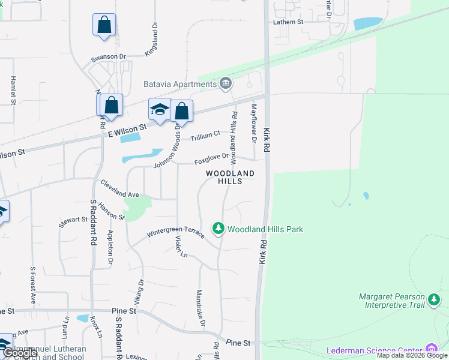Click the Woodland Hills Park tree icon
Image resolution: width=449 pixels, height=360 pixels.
tap(218, 229)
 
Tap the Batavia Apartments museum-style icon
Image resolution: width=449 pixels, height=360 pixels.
tap(226, 83)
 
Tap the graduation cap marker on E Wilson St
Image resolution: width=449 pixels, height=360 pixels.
tap(160, 110)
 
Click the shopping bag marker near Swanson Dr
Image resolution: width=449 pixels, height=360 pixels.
tap(104, 25)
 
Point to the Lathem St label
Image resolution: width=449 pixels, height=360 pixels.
tap(289, 22)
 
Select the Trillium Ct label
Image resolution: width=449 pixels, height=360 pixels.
tap(206, 136)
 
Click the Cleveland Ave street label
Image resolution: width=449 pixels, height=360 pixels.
tap(119, 189)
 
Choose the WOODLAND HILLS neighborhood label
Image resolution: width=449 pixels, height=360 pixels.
tap(230, 177)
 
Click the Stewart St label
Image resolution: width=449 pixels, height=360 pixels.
tap(73, 221)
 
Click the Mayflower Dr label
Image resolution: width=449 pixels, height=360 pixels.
tap(254, 123)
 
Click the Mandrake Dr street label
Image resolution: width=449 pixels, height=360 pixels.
tap(201, 308)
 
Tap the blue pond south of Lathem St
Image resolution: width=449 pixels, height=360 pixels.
tap(368, 23)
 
